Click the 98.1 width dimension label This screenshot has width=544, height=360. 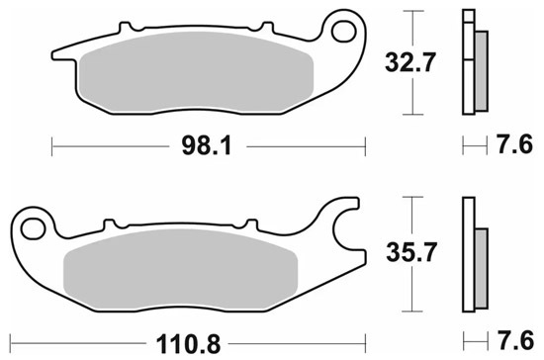pyautogui.click(x=207, y=146)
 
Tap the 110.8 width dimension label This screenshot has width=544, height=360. pyautogui.click(x=188, y=344)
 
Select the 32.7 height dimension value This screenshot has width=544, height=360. pyautogui.click(x=409, y=62)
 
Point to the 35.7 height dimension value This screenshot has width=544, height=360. pyautogui.click(x=411, y=252)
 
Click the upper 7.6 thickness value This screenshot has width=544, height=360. pyautogui.click(x=515, y=144)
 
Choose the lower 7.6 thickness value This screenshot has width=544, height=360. pyautogui.click(x=516, y=340)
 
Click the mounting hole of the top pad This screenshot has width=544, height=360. pyautogui.click(x=344, y=32)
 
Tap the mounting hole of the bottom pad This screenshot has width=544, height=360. pyautogui.click(x=33, y=229)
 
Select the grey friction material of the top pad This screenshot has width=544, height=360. pyautogui.click(x=197, y=72)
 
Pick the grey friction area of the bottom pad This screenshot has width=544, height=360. pyautogui.click(x=181, y=269)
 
